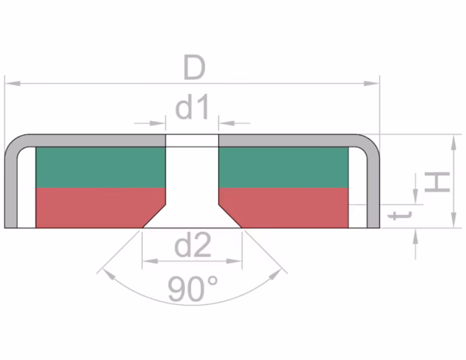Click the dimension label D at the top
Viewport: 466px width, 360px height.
coord(193,68)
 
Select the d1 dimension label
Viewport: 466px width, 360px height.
coord(193,109)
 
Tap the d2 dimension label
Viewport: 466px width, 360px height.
coord(193,247)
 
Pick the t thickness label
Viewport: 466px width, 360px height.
coord(402,216)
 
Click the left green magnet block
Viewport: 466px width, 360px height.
coord(101,167)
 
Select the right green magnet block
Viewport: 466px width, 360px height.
coord(284,167)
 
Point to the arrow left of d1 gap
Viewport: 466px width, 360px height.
coord(161,122)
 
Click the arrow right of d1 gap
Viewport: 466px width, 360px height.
coord(225,122)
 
